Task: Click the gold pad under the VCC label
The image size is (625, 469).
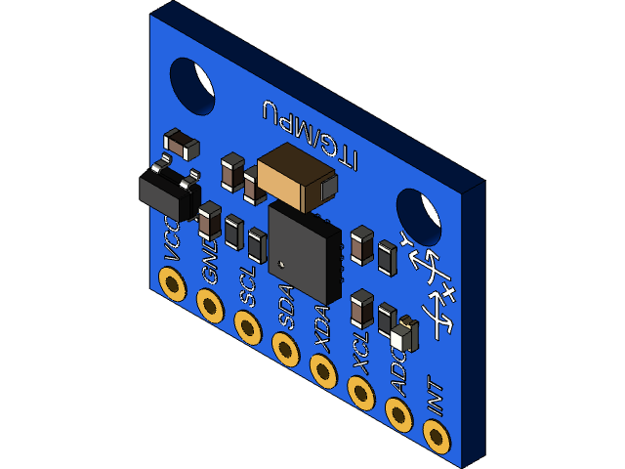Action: tap(174, 286)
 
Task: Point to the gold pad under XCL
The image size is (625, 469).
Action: tap(361, 391)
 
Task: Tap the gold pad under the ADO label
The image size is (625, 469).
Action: tap(398, 413)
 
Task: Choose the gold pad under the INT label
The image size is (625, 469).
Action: tap(437, 435)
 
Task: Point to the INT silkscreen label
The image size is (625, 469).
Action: tap(436, 400)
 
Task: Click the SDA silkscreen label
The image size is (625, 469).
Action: tap(287, 307)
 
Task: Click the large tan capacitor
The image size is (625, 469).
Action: tap(296, 176)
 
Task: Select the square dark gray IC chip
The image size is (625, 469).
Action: tap(304, 253)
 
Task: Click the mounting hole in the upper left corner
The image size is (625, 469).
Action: tap(192, 84)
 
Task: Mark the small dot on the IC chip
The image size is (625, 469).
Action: tap(281, 263)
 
